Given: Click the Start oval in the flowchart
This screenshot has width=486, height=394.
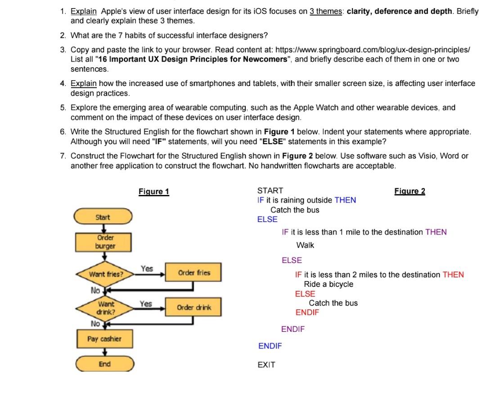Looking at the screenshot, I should pos(103,217).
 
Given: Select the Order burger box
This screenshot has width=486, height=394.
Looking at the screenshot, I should pos(105,242).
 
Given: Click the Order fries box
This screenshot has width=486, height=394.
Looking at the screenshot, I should pos(193,273).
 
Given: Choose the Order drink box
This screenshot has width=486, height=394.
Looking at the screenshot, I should pos(193,307).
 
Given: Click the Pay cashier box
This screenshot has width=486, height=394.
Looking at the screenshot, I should pos(104,339).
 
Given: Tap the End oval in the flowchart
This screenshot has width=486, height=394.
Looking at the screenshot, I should pos(104,364).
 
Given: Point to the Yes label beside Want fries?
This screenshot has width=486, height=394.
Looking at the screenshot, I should pos(147,268).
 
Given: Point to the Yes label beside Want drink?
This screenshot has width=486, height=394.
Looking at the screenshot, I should pos(145,303).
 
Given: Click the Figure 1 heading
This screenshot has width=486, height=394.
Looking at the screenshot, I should pos(154,192).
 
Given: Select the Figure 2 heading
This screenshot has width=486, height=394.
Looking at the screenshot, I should pos(409,191).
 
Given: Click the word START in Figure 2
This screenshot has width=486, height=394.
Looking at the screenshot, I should pos(270,190).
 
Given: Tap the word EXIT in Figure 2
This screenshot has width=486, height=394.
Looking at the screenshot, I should pos(266,365).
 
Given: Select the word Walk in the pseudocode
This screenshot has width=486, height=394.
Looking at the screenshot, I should pos(305,245).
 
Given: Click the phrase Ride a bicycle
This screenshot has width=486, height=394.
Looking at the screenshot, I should pos(328,284).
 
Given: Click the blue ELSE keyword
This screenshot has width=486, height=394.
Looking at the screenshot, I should pos(267,219).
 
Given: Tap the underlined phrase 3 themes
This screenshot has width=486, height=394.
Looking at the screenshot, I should pos(326,11).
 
